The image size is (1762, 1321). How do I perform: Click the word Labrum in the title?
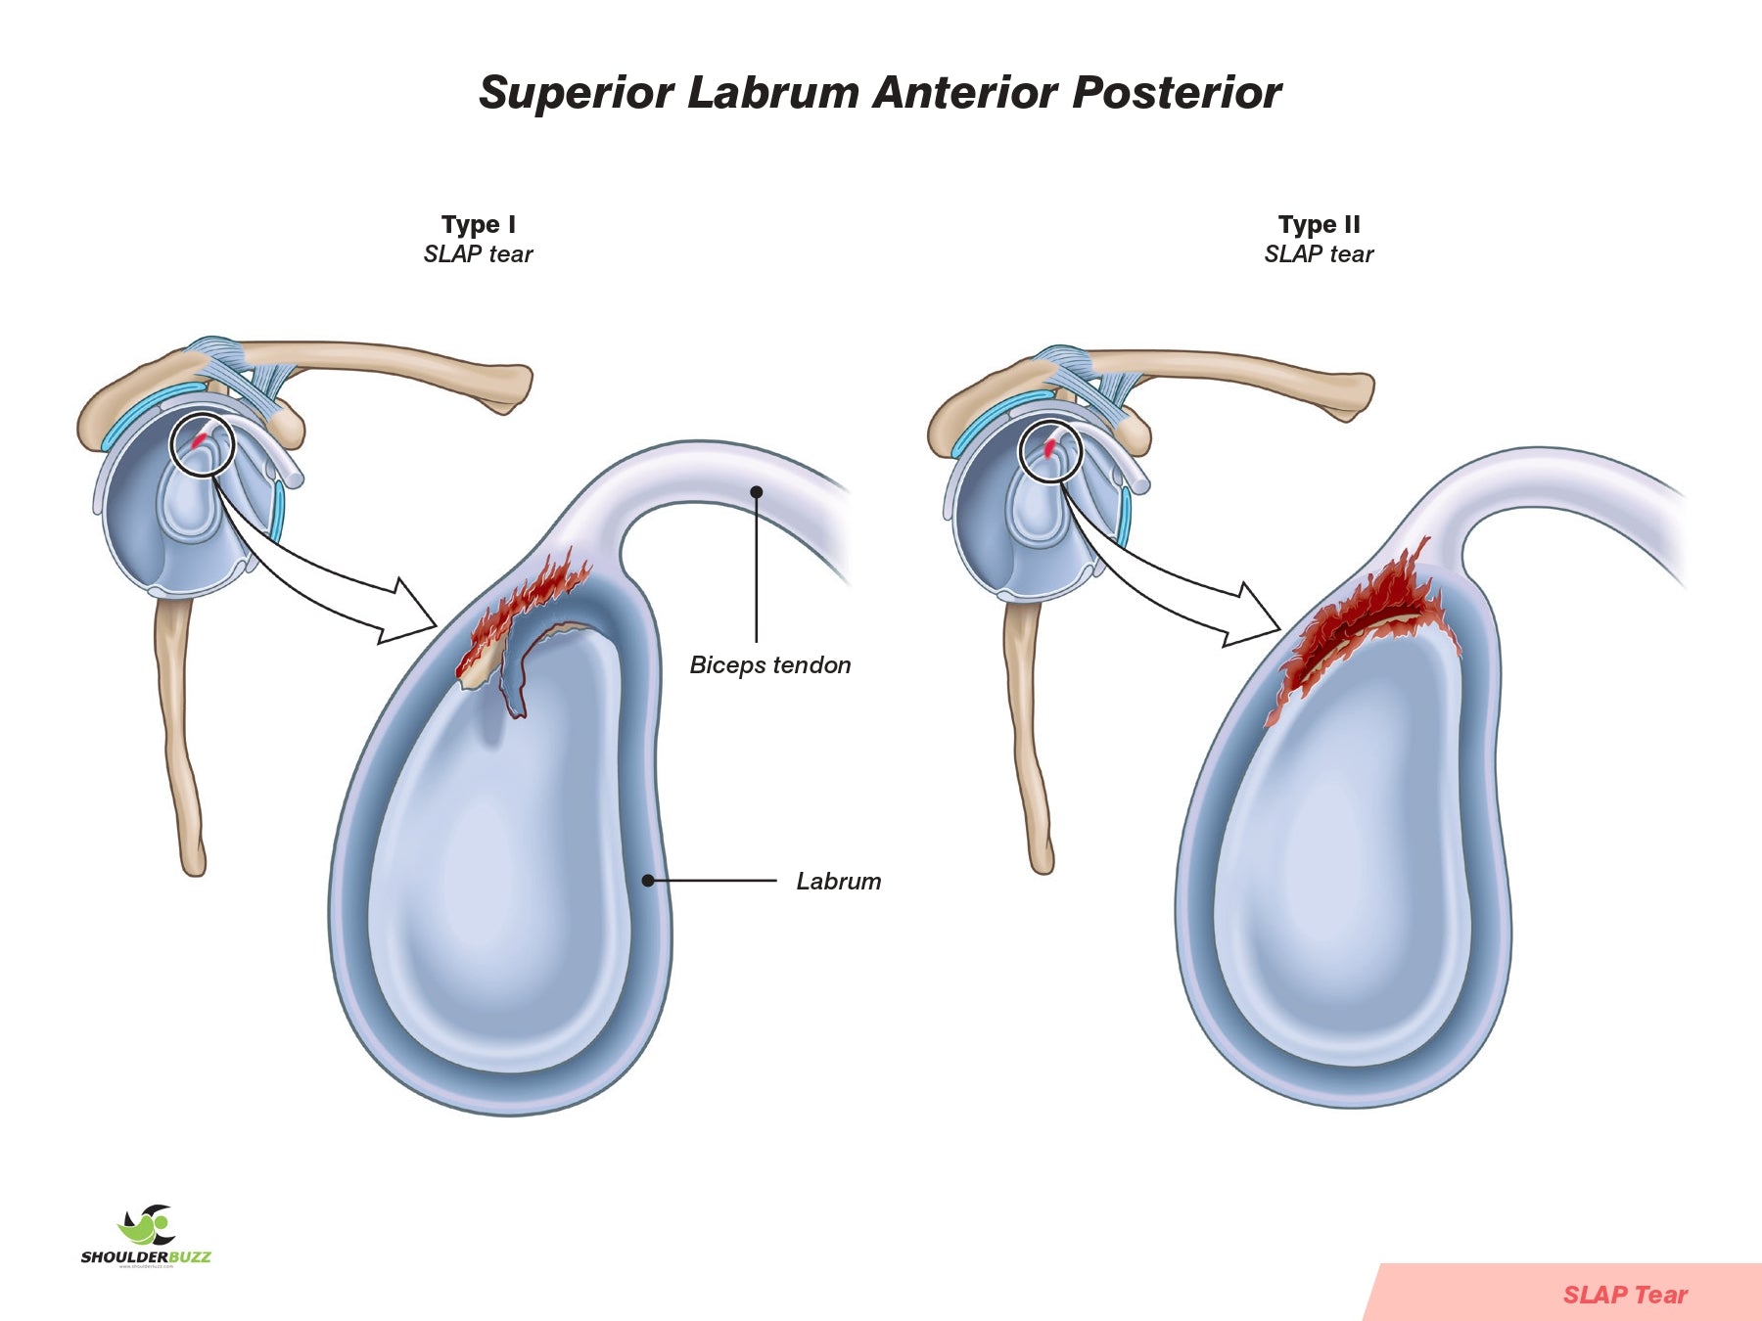(772, 93)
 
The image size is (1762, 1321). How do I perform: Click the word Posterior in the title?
(1177, 93)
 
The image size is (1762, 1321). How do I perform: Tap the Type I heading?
(478, 225)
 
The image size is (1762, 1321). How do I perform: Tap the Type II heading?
(1319, 225)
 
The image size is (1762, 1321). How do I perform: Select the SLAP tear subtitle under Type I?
(478, 254)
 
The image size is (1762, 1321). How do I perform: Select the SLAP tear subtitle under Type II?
(1319, 254)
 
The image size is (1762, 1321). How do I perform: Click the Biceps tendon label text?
(770, 665)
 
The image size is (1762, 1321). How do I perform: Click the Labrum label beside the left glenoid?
(838, 882)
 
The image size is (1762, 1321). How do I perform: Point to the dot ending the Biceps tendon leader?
(757, 492)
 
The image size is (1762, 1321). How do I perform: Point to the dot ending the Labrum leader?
(648, 881)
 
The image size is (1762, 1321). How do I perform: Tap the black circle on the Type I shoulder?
(203, 445)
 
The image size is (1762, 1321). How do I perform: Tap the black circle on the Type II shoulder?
(1050, 452)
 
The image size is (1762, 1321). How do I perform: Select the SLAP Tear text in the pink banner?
(1625, 1295)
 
